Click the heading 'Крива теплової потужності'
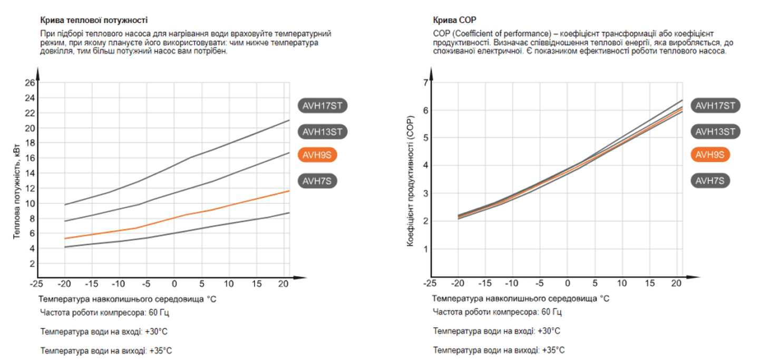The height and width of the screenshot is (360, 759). [94, 20]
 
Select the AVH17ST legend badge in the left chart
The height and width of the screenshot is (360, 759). [323, 105]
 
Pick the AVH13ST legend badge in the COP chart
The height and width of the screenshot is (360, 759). [715, 132]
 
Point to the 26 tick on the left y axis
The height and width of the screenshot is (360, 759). [30, 83]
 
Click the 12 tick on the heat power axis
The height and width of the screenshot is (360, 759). [30, 188]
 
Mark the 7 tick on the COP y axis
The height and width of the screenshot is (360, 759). [425, 83]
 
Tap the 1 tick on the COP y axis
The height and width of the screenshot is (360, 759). [425, 248]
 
